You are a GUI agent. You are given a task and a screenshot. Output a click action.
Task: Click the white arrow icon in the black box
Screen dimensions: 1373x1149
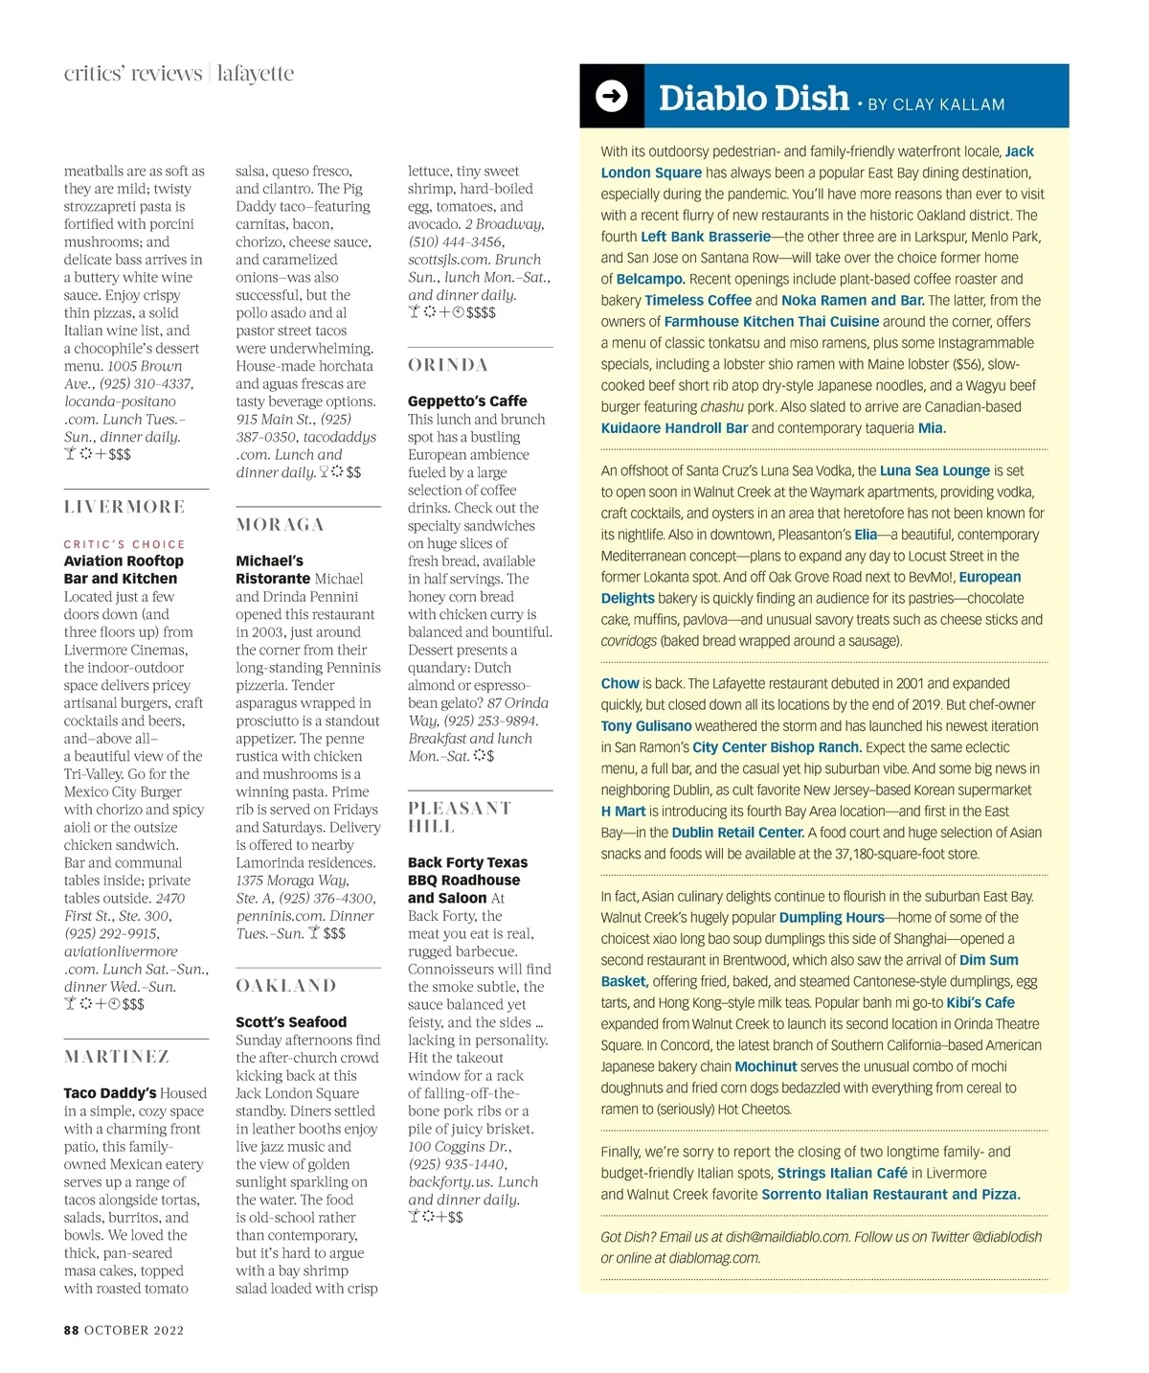[x=611, y=96]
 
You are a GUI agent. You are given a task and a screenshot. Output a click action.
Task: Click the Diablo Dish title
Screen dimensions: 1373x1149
[x=754, y=98]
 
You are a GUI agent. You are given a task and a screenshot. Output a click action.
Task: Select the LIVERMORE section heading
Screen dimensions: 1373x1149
[x=124, y=507]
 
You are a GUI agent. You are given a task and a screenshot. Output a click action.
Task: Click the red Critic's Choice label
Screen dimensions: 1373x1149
[x=124, y=544]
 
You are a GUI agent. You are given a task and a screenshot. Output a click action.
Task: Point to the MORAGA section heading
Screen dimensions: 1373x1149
[x=280, y=525]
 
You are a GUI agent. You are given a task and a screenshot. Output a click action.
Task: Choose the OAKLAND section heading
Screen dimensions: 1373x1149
[x=286, y=986]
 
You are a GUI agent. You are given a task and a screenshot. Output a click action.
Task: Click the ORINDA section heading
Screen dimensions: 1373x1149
[x=448, y=365]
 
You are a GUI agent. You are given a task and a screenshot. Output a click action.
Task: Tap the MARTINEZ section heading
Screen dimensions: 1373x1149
[x=117, y=1057]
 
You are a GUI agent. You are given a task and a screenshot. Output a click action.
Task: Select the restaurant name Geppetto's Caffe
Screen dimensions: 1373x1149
[x=467, y=401]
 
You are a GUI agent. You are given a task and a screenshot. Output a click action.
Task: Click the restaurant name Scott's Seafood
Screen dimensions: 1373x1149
[x=291, y=1022]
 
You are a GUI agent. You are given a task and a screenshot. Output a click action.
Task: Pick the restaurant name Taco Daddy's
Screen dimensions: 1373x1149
[x=110, y=1093]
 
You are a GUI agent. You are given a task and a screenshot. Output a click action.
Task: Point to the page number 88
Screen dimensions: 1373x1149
[x=72, y=1330]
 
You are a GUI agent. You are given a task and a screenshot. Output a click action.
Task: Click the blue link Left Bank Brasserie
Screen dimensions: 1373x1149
[x=706, y=237]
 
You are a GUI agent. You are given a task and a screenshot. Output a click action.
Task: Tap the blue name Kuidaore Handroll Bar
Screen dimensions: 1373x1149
[x=674, y=428]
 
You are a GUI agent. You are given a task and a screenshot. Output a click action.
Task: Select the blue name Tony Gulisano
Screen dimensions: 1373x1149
[x=646, y=726]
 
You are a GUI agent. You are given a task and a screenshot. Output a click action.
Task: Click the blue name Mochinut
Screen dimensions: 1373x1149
[x=766, y=1066]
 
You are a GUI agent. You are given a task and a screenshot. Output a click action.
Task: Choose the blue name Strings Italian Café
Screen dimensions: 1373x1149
[x=842, y=1173]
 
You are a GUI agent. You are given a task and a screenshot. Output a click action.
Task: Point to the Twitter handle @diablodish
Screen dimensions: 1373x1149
[x=1006, y=1237]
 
